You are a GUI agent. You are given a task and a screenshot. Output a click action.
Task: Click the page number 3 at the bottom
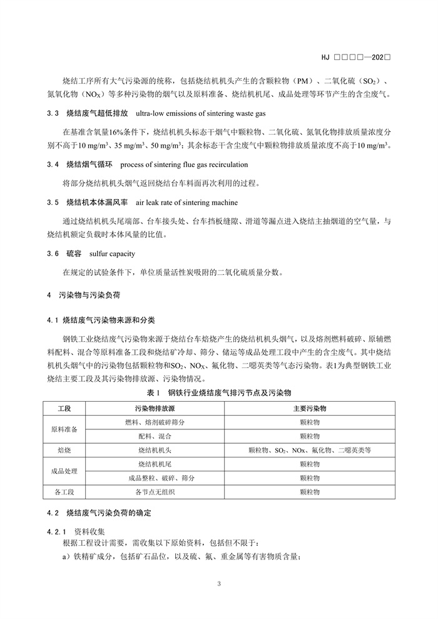(219, 585)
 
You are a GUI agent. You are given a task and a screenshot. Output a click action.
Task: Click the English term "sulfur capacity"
(112, 254)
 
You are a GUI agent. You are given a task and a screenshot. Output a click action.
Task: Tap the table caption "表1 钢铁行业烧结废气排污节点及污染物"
(219, 394)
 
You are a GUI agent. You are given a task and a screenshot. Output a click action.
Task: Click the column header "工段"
(64, 408)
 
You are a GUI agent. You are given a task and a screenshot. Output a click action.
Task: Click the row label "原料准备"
(64, 429)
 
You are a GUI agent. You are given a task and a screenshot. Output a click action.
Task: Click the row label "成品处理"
(64, 471)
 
